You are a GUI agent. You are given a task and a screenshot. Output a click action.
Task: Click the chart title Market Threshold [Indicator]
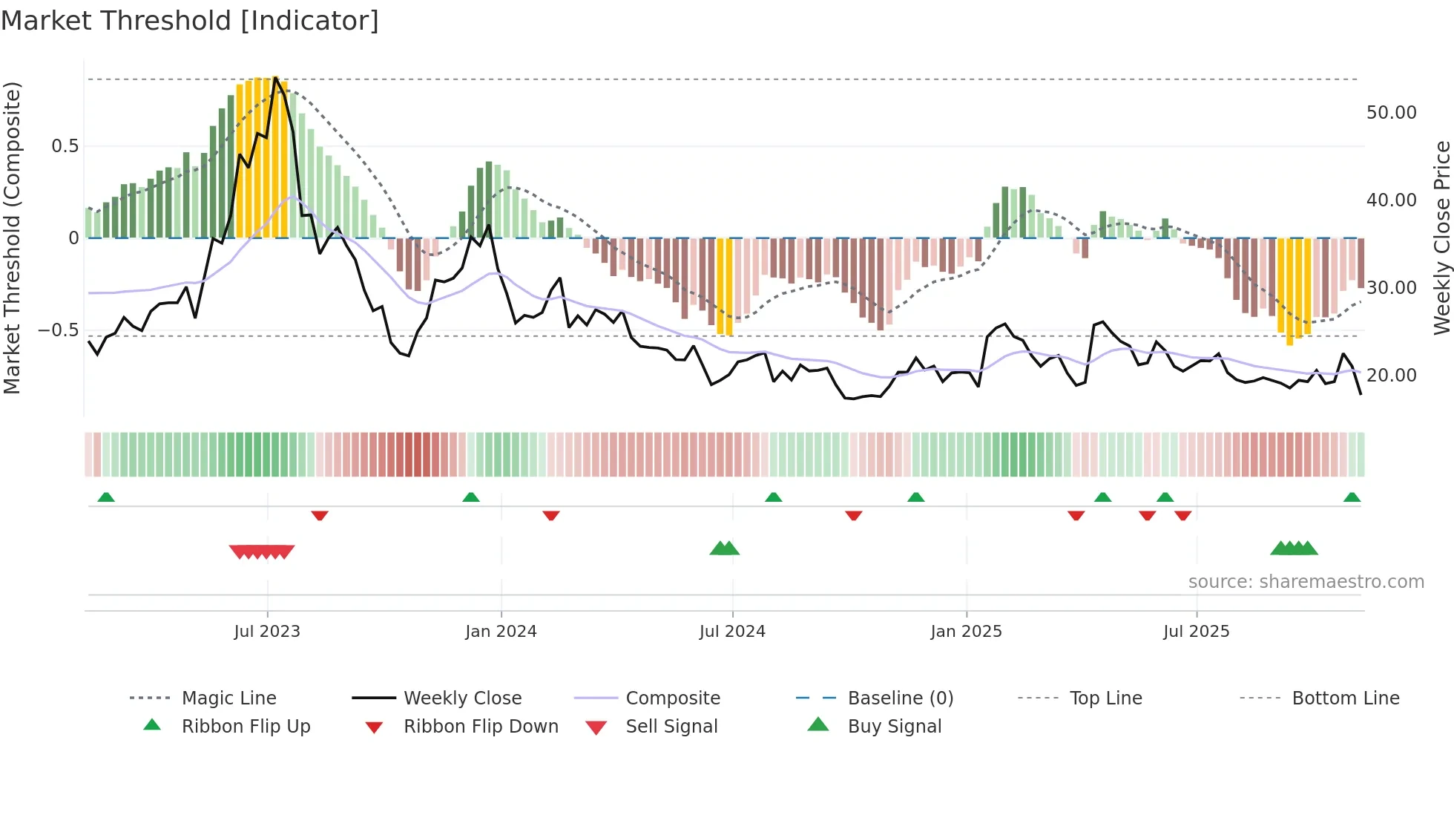click(x=190, y=21)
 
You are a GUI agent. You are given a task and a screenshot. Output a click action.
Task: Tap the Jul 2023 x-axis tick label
click(x=267, y=632)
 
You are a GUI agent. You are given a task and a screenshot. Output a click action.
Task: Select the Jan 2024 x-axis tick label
click(x=501, y=632)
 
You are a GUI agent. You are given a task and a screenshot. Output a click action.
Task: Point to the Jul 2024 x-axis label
click(x=732, y=632)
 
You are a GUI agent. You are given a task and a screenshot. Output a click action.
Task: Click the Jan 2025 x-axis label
click(x=966, y=632)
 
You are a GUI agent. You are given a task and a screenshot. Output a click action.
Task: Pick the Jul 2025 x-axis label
click(x=1196, y=632)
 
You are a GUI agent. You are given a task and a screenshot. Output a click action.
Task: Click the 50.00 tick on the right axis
click(x=1391, y=113)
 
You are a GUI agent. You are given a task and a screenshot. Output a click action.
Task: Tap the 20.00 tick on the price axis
click(x=1391, y=376)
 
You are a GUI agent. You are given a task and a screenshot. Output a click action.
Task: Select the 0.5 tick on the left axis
click(x=65, y=146)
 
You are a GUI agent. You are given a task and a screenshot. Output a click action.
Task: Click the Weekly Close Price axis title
click(x=1441, y=238)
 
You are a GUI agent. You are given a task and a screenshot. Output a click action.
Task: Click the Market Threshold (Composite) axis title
click(x=12, y=238)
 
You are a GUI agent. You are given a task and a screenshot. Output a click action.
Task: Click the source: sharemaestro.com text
click(x=1306, y=582)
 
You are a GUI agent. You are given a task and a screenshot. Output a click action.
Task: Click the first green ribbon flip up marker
click(x=106, y=497)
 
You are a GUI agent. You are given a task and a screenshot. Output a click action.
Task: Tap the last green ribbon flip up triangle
click(x=1352, y=497)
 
